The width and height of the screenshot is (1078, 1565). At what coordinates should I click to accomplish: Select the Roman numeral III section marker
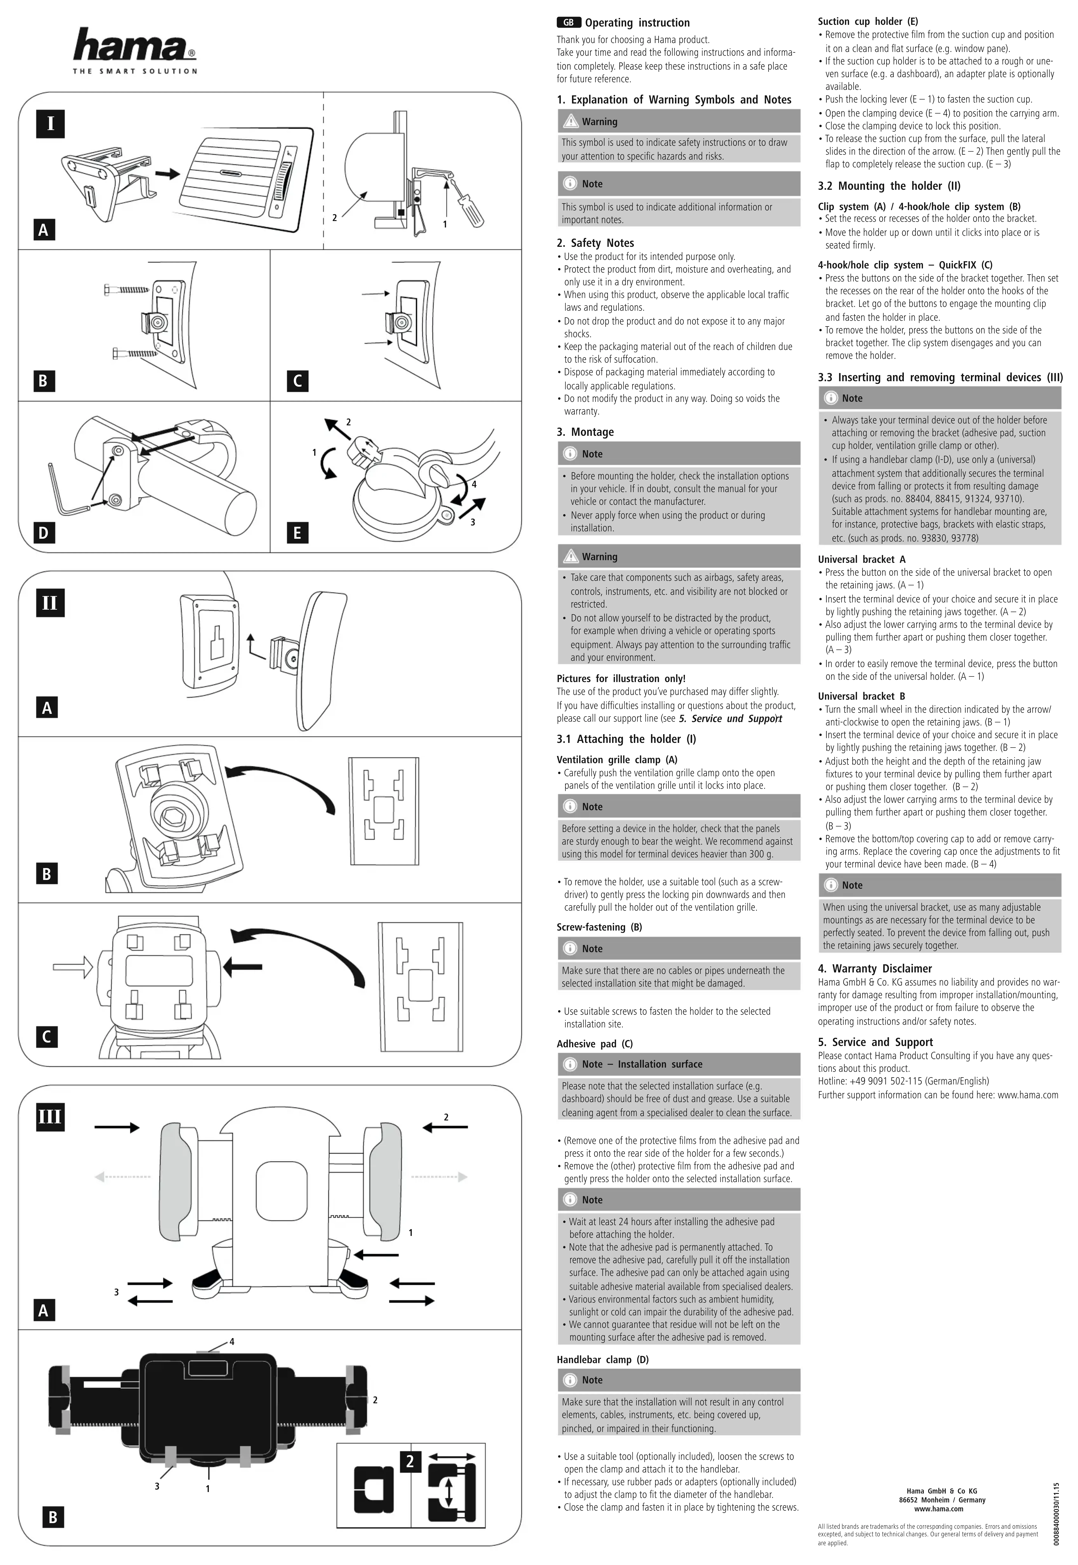[x=50, y=1117]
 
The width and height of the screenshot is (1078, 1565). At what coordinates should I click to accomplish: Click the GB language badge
[x=569, y=22]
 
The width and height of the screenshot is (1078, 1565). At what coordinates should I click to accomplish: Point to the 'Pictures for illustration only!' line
[x=621, y=678]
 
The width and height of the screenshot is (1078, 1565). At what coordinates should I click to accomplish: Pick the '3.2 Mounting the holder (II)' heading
[x=889, y=186]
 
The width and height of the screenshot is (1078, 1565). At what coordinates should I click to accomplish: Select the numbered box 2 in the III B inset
[x=409, y=1461]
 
